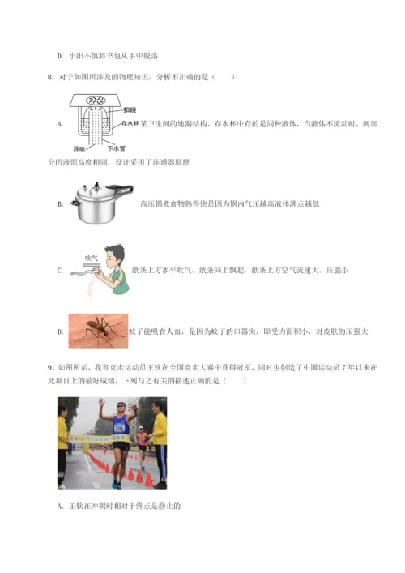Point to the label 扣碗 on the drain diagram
point(130,109)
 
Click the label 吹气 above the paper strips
point(92,258)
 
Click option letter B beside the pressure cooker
point(60,204)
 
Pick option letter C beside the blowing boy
point(60,270)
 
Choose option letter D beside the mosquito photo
point(60,331)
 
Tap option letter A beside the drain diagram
point(60,124)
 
